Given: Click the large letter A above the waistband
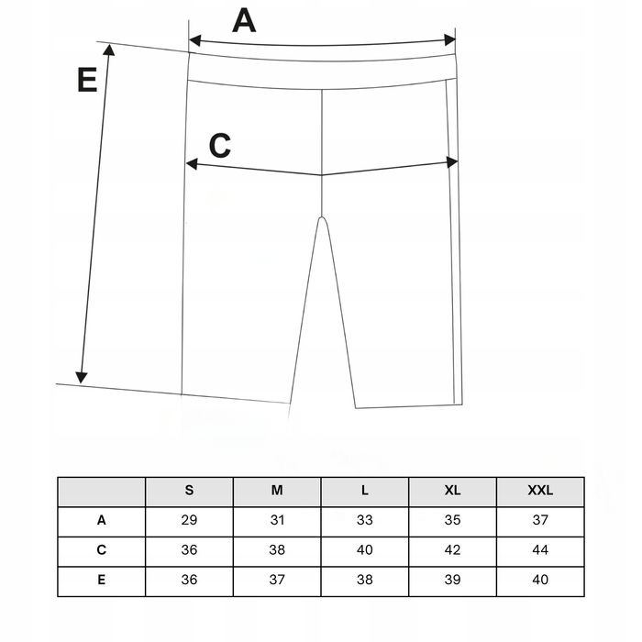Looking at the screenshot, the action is tap(243, 19).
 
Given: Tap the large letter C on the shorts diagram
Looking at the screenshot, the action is tap(220, 145).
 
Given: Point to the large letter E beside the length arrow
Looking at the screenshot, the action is tap(87, 81).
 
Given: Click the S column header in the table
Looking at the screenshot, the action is tap(189, 491).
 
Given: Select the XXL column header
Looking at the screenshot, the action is tap(540, 491).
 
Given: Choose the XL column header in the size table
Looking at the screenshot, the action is tap(452, 491).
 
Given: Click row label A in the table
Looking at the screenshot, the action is tap(102, 520).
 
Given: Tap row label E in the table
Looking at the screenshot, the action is tap(102, 581).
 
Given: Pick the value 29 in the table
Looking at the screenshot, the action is tap(189, 520).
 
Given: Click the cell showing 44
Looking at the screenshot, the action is tap(540, 550).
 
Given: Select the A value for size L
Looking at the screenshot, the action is tap(365, 520).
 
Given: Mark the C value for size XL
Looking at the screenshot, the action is tap(452, 550).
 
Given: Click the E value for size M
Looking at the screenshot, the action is tap(277, 581).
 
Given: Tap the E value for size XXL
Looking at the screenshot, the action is tap(540, 581).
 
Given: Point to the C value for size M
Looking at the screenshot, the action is tap(277, 550).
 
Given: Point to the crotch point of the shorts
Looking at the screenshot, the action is tap(322, 217).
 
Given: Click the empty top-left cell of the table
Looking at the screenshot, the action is tap(102, 491).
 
